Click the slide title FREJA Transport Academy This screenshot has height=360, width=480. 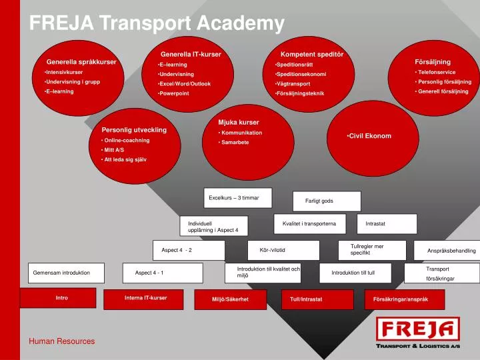157,24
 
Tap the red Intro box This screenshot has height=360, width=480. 62,299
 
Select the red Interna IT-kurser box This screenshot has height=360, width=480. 145,299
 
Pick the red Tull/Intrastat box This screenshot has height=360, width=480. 306,300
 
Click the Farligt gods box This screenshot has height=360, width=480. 327,201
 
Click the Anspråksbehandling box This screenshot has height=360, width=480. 451,251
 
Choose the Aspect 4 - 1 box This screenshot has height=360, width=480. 163,273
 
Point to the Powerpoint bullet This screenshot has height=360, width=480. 174,94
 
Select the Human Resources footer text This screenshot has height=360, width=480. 61,341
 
